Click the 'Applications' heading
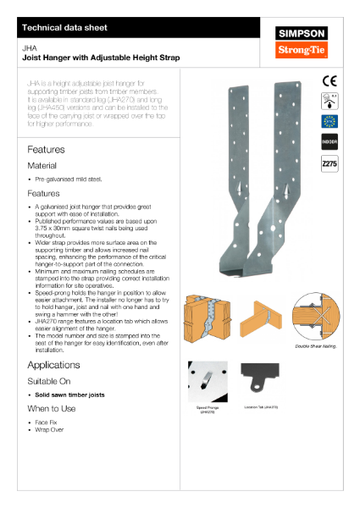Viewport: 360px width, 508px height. tap(53, 365)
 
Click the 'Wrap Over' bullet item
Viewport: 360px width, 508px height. tap(53, 429)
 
